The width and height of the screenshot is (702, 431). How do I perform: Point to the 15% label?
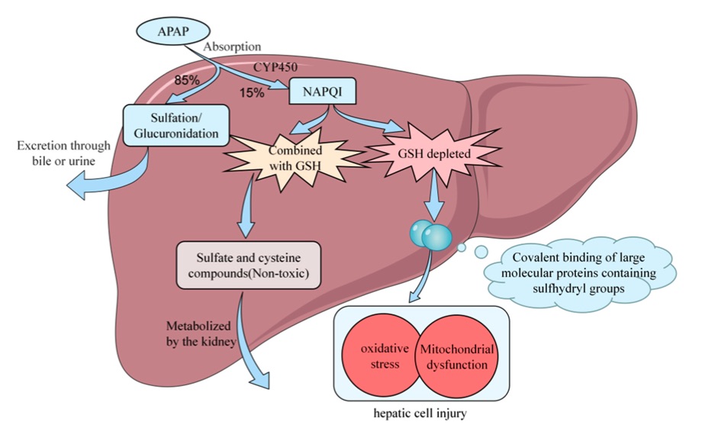(253, 93)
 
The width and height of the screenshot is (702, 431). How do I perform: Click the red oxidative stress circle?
(380, 355)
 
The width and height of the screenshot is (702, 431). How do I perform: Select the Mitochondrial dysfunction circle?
(455, 355)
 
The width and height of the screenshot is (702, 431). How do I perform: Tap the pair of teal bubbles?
(428, 234)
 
